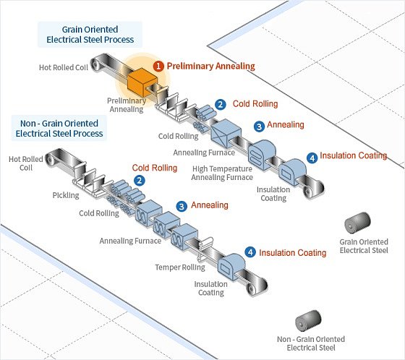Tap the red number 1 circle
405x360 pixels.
click(x=158, y=67)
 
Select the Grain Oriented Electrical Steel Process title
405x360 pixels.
click(x=90, y=35)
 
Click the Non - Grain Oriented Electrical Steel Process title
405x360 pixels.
click(x=59, y=129)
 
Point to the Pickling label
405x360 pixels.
click(x=66, y=195)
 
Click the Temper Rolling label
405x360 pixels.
click(x=180, y=267)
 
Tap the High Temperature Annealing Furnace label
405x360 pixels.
click(x=222, y=173)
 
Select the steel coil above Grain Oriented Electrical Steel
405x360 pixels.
click(x=357, y=223)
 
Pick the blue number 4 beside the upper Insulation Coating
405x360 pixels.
click(x=312, y=158)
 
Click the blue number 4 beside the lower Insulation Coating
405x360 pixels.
click(x=250, y=252)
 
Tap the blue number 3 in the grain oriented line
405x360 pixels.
click(x=259, y=127)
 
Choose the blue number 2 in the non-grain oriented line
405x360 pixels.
click(x=140, y=180)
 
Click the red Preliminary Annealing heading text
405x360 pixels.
click(x=210, y=66)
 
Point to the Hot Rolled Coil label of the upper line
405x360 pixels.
click(x=64, y=67)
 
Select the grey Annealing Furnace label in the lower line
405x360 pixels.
click(x=130, y=241)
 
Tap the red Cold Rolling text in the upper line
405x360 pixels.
click(x=255, y=104)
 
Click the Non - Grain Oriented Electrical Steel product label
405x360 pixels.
click(x=311, y=343)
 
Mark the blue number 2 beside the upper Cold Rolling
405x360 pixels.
click(x=221, y=105)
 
